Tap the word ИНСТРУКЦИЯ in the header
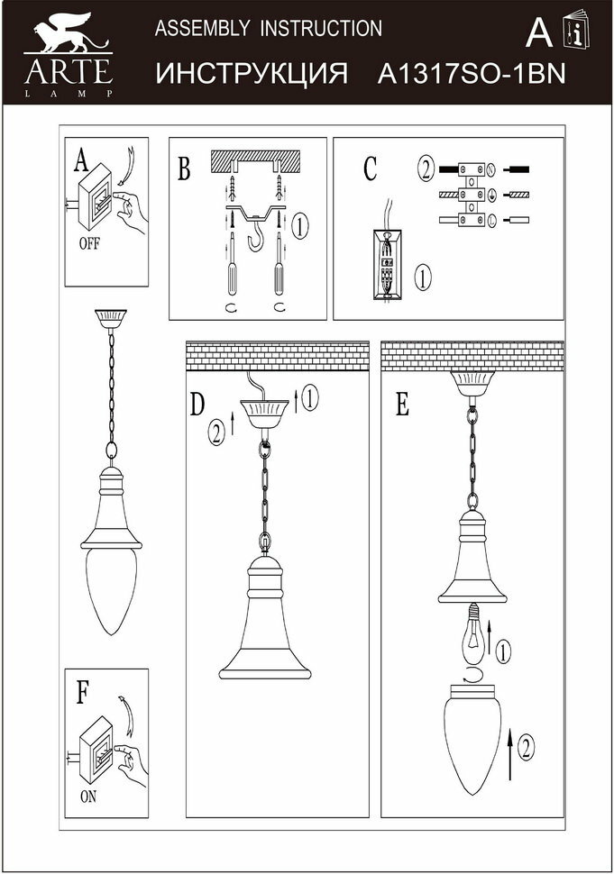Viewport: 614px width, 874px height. click(252, 74)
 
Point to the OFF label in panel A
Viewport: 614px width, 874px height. click(89, 243)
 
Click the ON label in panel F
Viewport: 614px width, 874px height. click(88, 797)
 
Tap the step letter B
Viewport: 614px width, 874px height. click(184, 169)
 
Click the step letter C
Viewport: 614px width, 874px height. click(370, 168)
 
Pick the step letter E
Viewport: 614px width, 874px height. click(402, 405)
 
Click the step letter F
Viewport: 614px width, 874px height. click(83, 692)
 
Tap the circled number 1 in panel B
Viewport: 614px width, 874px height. click(301, 223)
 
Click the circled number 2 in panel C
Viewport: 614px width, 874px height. click(425, 168)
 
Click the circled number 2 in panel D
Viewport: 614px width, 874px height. click(215, 432)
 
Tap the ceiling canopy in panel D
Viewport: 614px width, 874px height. click(266, 415)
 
